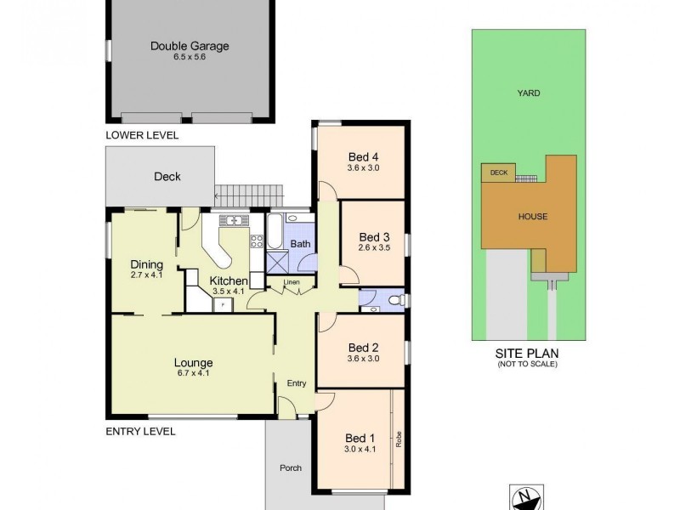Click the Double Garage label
click(190, 47)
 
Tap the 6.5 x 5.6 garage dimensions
click(190, 59)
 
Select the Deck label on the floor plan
click(167, 177)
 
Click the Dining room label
click(146, 263)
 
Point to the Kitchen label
click(229, 280)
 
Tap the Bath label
click(300, 244)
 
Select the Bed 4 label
click(363, 156)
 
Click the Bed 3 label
click(374, 236)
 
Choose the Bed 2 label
click(363, 347)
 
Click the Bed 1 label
click(358, 438)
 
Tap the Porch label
click(291, 467)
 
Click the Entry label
click(296, 383)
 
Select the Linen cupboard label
click(292, 282)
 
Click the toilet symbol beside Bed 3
click(396, 300)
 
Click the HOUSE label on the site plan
click(533, 216)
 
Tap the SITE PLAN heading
click(527, 353)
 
